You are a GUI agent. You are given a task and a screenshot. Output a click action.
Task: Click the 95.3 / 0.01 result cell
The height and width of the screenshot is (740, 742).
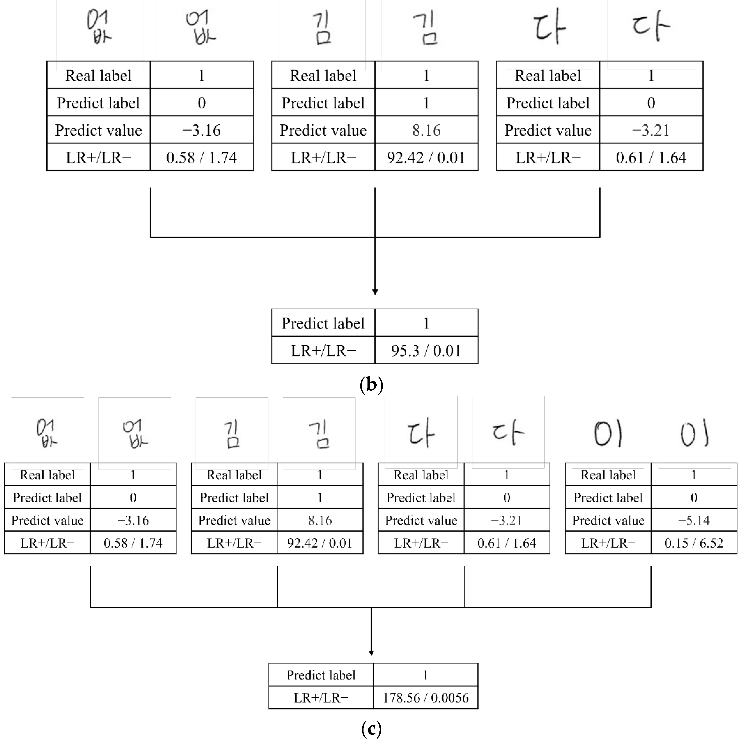(426, 350)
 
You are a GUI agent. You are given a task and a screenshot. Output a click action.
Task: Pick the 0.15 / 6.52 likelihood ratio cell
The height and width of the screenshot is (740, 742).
(694, 543)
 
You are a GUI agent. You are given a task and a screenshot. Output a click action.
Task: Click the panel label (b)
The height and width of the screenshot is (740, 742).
(371, 384)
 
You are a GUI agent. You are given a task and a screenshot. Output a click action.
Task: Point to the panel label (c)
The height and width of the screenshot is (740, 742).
(371, 728)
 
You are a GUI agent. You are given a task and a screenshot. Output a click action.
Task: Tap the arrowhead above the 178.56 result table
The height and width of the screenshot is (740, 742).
(371, 653)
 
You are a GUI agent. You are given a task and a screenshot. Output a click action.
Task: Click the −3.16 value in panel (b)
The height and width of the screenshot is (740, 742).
(202, 130)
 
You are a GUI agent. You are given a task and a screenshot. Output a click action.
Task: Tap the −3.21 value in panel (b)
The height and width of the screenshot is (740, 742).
(651, 130)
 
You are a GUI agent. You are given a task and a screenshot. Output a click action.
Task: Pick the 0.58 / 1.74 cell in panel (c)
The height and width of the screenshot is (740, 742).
(133, 543)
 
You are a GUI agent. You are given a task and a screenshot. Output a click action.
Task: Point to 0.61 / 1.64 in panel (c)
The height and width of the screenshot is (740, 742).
(507, 543)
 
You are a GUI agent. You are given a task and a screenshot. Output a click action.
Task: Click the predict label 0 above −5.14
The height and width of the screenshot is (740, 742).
(694, 497)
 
